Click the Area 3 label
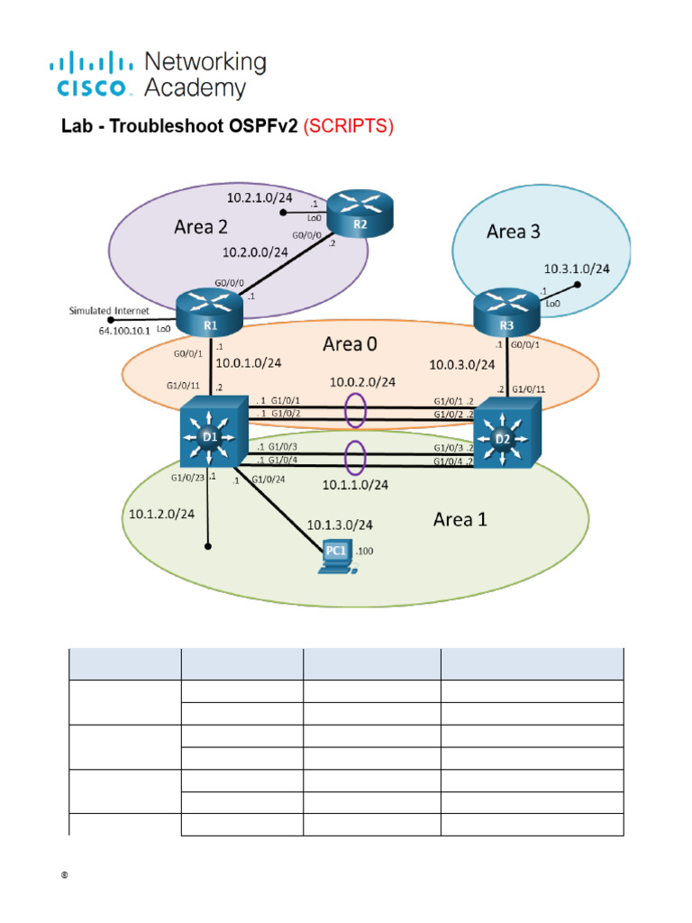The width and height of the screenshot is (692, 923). [x=514, y=232]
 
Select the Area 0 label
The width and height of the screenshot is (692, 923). [x=357, y=344]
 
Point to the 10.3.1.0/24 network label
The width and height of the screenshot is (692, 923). [x=577, y=269]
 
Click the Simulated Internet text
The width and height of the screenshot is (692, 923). [x=109, y=311]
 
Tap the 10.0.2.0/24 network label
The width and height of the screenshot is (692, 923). [x=362, y=381]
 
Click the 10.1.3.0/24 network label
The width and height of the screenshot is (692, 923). [x=340, y=525]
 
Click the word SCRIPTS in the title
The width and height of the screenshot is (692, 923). [x=348, y=127]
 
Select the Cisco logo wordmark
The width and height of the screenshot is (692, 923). [x=95, y=88]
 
